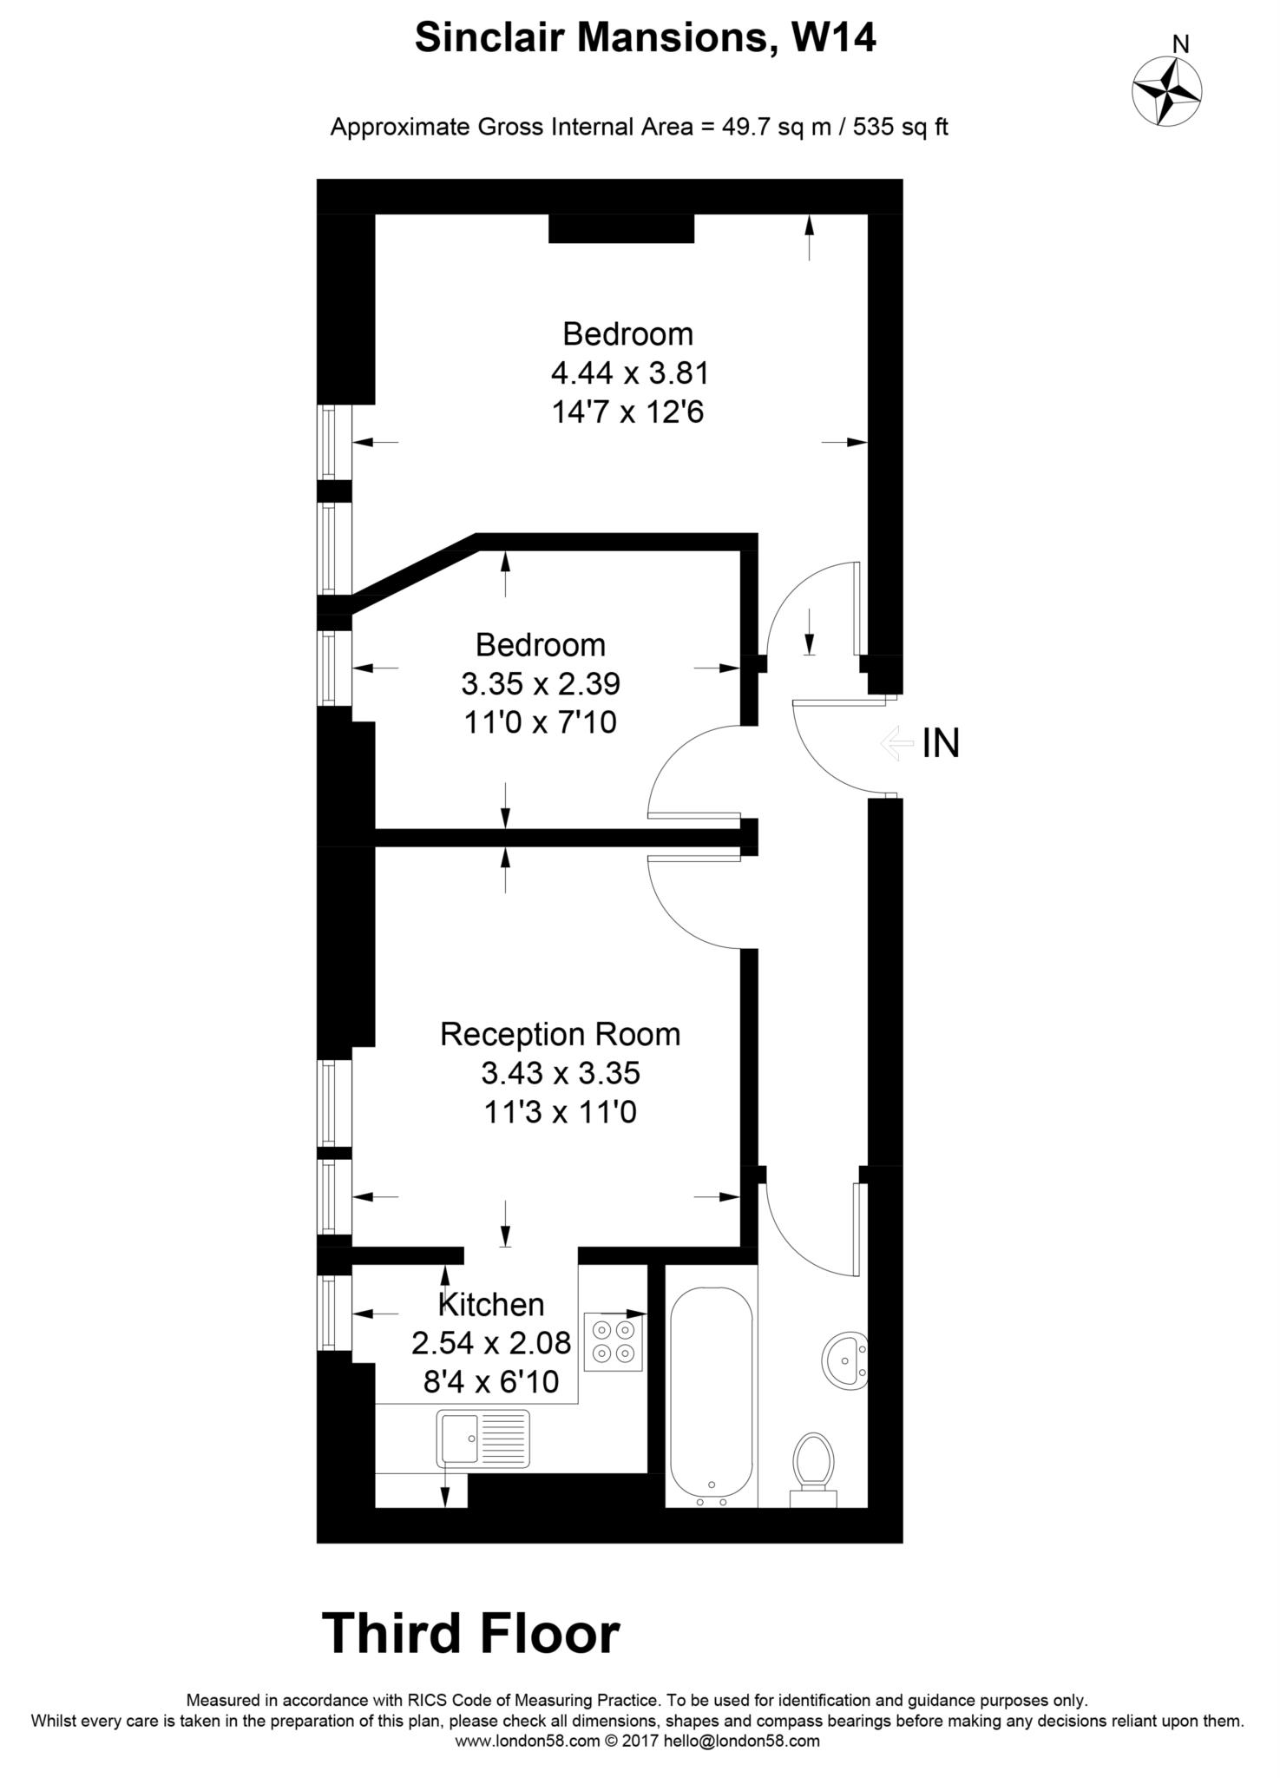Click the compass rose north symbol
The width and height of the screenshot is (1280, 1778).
click(x=1167, y=89)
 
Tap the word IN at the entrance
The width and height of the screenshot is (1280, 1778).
click(x=941, y=744)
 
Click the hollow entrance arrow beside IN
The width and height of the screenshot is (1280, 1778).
click(x=896, y=744)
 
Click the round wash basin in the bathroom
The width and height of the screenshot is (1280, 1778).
click(x=844, y=1360)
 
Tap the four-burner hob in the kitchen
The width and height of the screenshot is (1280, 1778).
click(x=614, y=1340)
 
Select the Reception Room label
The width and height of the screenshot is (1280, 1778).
click(x=560, y=1034)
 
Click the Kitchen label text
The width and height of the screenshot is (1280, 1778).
click(x=491, y=1304)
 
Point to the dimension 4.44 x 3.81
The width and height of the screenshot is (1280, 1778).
click(x=630, y=373)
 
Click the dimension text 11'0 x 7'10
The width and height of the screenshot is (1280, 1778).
click(x=540, y=722)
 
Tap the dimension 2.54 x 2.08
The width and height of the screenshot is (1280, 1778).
click(x=491, y=1343)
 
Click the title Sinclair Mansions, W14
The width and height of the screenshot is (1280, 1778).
click(x=645, y=39)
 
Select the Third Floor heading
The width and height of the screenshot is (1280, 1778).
click(x=471, y=1634)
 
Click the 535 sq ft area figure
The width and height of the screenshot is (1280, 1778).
click(x=900, y=128)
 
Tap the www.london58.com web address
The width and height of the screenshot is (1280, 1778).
click(x=527, y=1741)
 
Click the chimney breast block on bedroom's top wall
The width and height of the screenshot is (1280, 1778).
click(x=621, y=228)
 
